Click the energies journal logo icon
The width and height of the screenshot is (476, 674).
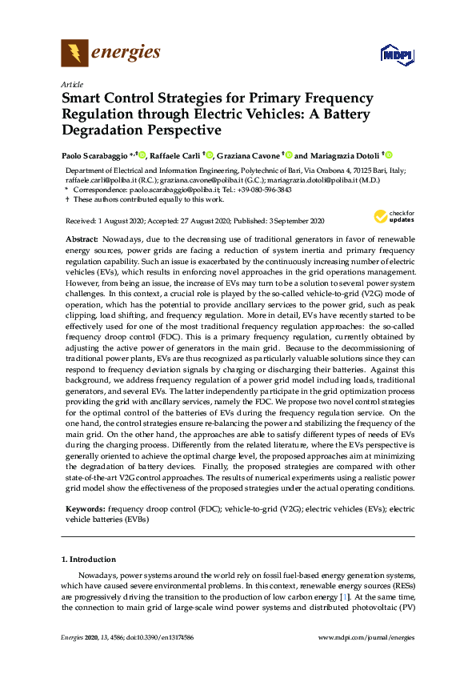coord(74,54)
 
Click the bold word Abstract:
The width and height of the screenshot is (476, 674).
coord(82,240)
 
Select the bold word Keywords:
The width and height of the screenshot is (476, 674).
coord(85,508)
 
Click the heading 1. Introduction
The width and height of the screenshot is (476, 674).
coord(89,559)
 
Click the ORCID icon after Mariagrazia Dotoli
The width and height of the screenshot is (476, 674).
coord(389,155)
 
